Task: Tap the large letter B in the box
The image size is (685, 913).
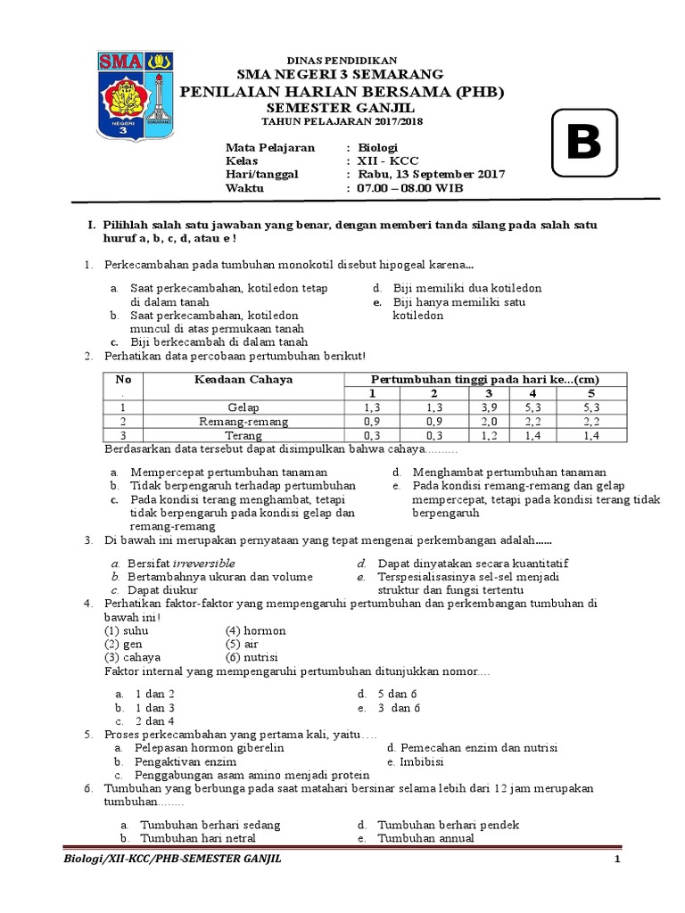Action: (583, 142)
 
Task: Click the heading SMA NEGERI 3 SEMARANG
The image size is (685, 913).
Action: (339, 74)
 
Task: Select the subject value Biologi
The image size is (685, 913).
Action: (377, 147)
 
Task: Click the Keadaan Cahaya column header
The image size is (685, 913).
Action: (243, 379)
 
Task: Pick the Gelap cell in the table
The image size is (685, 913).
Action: (243, 407)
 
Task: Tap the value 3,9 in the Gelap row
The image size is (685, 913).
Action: (489, 407)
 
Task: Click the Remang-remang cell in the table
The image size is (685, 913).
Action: (243, 421)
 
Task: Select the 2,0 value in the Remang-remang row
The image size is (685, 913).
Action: (489, 421)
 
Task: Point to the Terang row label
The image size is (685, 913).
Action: (243, 435)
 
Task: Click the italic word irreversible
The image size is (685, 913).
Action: (204, 563)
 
